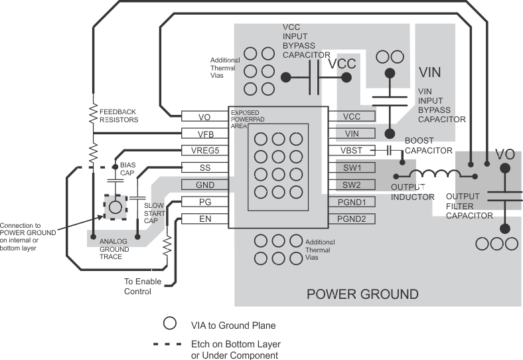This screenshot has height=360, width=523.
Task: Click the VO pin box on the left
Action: pos(204,117)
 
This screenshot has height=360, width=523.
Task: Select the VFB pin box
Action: pos(204,134)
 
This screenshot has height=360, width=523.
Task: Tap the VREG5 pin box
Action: pos(204,150)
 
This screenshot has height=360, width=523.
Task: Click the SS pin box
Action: pos(204,167)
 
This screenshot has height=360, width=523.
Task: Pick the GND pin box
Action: pos(204,185)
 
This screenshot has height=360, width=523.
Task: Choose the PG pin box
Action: pos(204,202)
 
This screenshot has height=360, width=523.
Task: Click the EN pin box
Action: pos(204,219)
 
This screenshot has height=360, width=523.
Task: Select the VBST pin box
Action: pos(352,150)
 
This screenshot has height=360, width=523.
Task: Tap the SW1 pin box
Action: pos(352,167)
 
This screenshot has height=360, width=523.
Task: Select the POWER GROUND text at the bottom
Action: pos(362,294)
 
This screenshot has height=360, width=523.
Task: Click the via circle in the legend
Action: pos(170,323)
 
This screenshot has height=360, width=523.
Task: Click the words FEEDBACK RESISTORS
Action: pos(119,116)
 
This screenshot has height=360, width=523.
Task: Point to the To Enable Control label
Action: pos(143,286)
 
